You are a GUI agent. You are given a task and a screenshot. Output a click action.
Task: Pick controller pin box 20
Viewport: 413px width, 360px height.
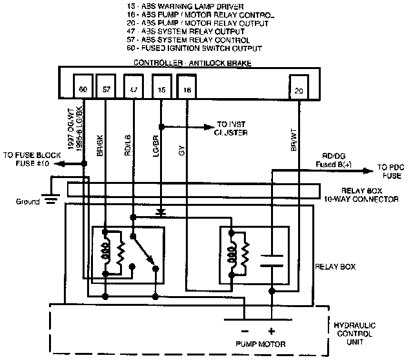[x=298, y=90]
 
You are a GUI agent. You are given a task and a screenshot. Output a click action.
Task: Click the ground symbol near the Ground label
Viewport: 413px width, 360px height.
[x=50, y=200]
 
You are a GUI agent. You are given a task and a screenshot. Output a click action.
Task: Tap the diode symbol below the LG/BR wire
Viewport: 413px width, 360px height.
[x=159, y=211]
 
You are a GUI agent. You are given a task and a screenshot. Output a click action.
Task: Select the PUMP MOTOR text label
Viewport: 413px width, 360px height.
[x=258, y=344]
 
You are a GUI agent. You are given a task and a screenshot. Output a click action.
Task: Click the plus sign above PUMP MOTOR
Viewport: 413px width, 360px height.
[x=272, y=331]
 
